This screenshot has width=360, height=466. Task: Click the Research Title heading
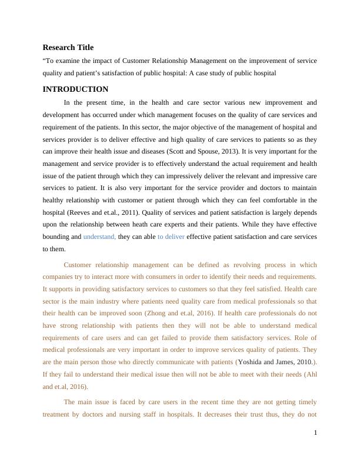pos(68,48)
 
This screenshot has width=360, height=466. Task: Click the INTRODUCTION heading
pos(75,89)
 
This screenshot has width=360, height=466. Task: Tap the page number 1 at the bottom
pos(315,433)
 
